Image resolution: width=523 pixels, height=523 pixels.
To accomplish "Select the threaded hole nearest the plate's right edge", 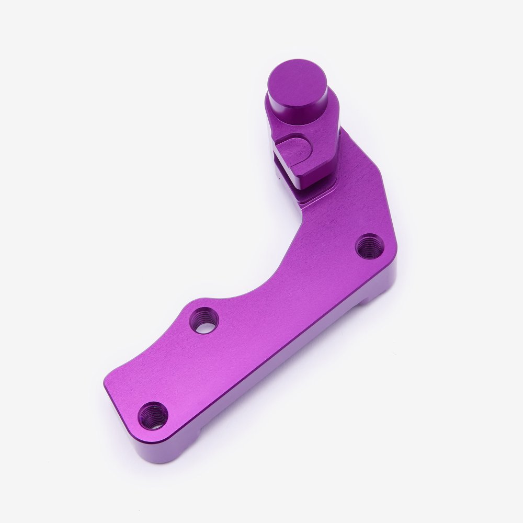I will coord(370,246).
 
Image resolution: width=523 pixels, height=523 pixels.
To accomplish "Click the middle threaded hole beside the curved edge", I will coord(203,320).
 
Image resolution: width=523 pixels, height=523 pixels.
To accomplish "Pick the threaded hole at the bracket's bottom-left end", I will coord(153,416).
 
